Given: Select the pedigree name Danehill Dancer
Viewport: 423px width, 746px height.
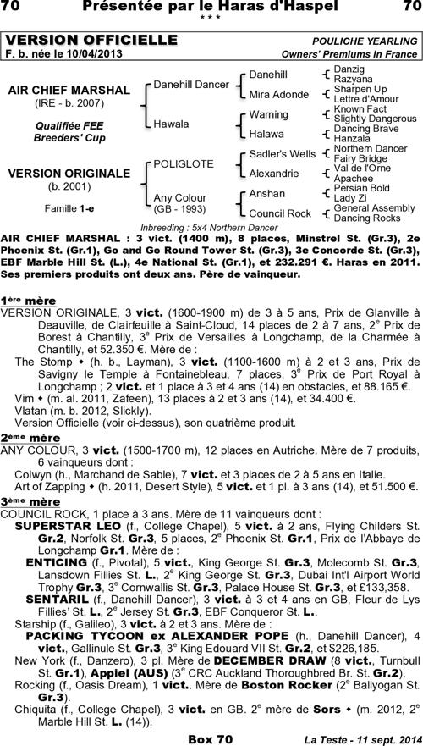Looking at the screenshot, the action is [x=191, y=85].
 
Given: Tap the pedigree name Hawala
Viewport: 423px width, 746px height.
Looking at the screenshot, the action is [x=172, y=124].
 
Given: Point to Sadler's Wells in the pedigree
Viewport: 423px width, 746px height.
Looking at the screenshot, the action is [x=282, y=154].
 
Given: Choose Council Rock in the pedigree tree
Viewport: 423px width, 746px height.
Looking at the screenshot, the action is [x=280, y=213].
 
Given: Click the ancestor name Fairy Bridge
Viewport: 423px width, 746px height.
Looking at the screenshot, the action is [x=360, y=158].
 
